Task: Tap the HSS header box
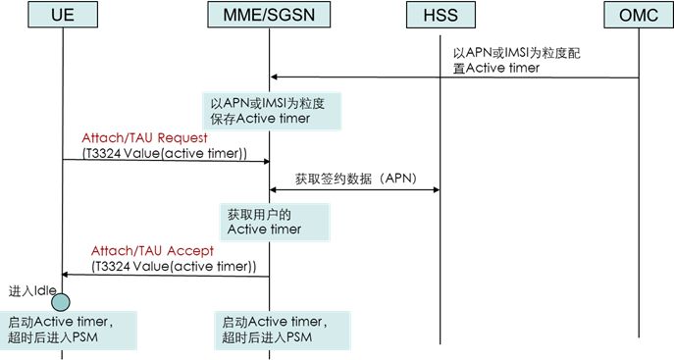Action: pyautogui.click(x=440, y=17)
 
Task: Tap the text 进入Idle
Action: pyautogui.click(x=29, y=290)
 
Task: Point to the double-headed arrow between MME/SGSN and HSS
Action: pyautogui.click(x=354, y=189)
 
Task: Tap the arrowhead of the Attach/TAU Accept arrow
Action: pyautogui.click(x=66, y=276)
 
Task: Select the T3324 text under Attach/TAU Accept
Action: pyautogui.click(x=176, y=266)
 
